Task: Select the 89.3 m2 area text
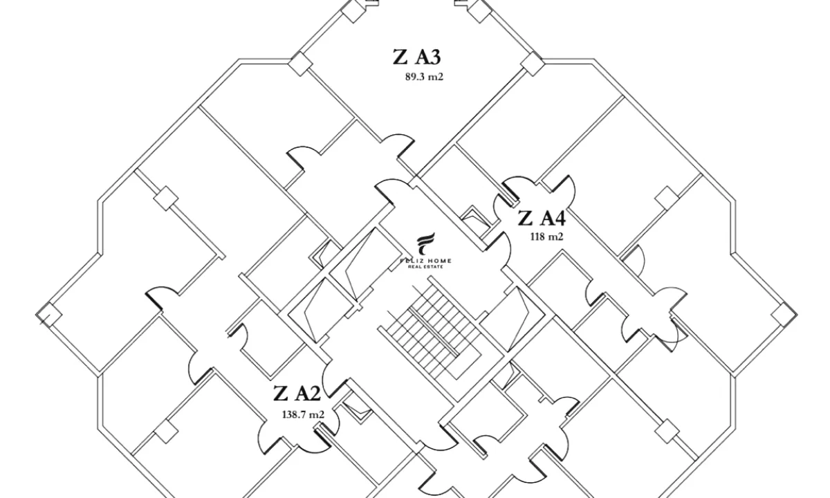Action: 423,77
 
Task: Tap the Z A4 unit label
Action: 542,219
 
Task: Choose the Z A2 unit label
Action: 297,394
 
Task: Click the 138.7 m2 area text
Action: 303,414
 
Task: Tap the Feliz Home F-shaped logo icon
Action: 425,246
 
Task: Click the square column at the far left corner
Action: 49,314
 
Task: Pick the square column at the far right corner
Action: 781,314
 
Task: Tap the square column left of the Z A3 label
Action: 299,64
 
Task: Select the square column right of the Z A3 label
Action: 531,64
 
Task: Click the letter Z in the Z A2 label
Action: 280,394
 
